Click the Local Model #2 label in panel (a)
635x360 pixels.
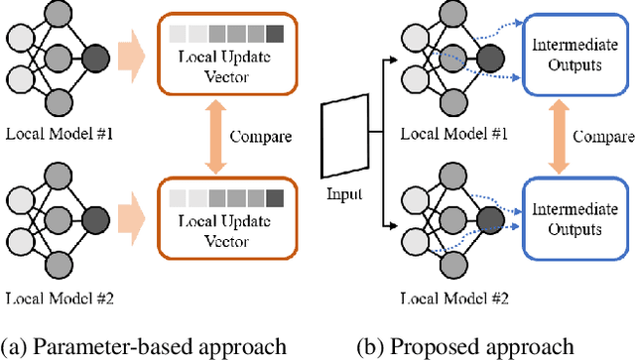62,296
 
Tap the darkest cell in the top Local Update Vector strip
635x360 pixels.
274,34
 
